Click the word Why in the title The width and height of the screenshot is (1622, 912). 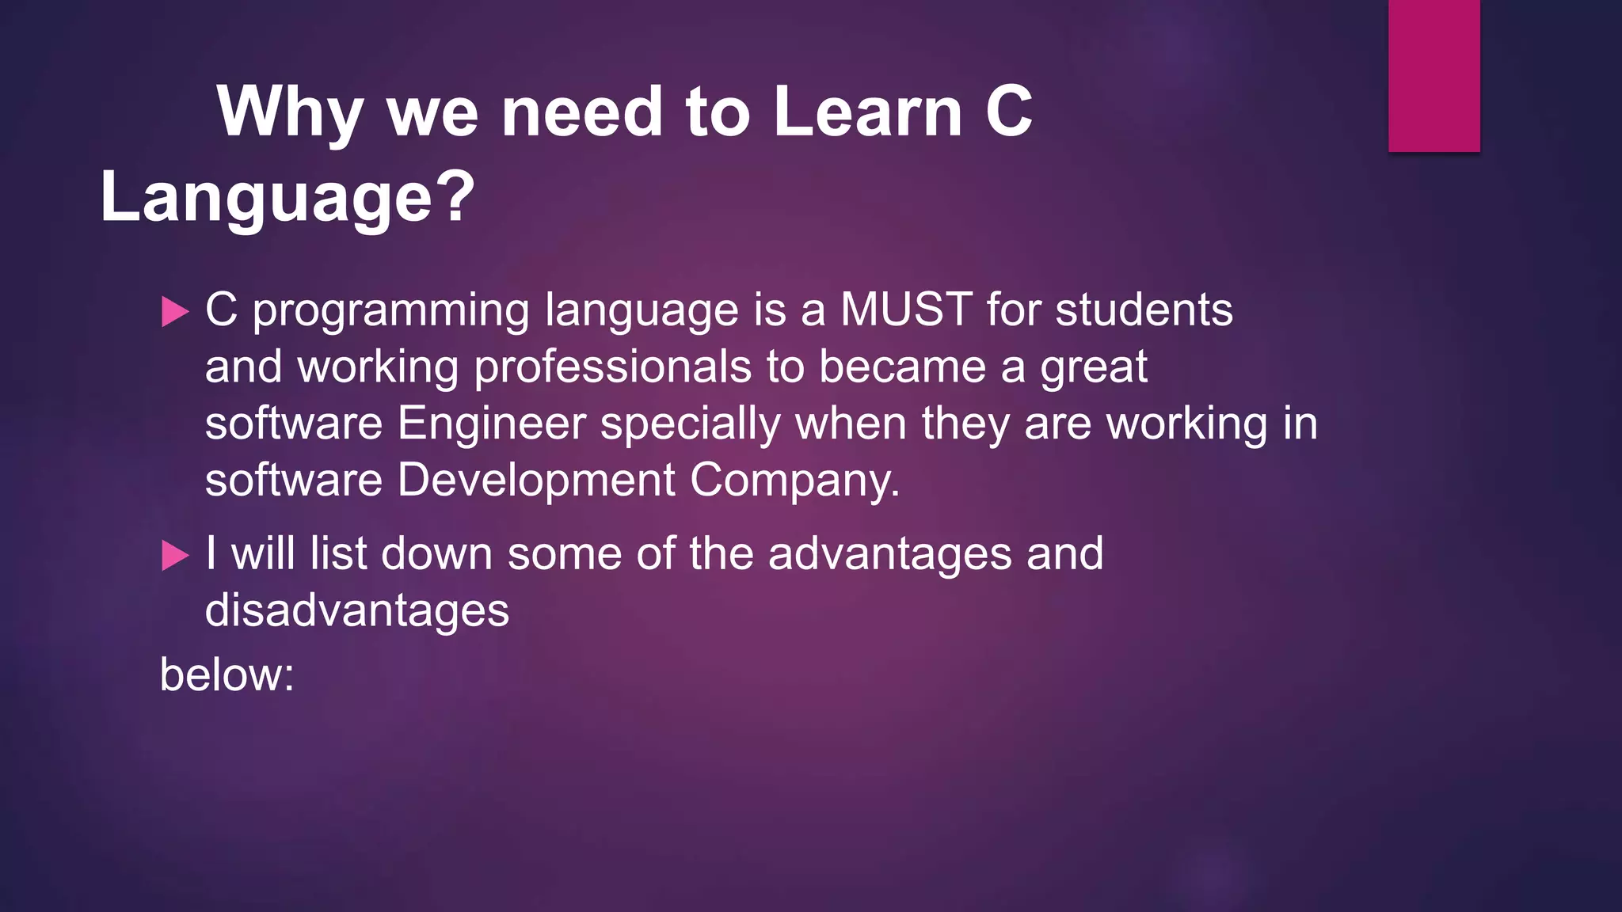[x=289, y=112]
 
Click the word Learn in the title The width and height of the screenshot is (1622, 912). [x=867, y=112]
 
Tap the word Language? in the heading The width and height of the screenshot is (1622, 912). [x=287, y=198]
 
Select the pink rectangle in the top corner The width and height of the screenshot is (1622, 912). [x=1434, y=75]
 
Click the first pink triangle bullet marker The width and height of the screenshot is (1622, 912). [x=175, y=312]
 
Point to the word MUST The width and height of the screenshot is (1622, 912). [x=906, y=310]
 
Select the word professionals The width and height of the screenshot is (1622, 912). [x=612, y=367]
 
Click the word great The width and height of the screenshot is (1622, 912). [x=1094, y=367]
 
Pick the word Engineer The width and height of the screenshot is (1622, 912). [x=491, y=424]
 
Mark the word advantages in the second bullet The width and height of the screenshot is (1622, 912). [x=889, y=553]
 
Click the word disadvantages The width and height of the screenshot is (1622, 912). [x=356, y=610]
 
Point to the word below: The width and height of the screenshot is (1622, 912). [x=227, y=675]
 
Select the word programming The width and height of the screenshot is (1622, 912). [x=390, y=311]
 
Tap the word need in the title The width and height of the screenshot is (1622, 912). [x=581, y=112]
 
